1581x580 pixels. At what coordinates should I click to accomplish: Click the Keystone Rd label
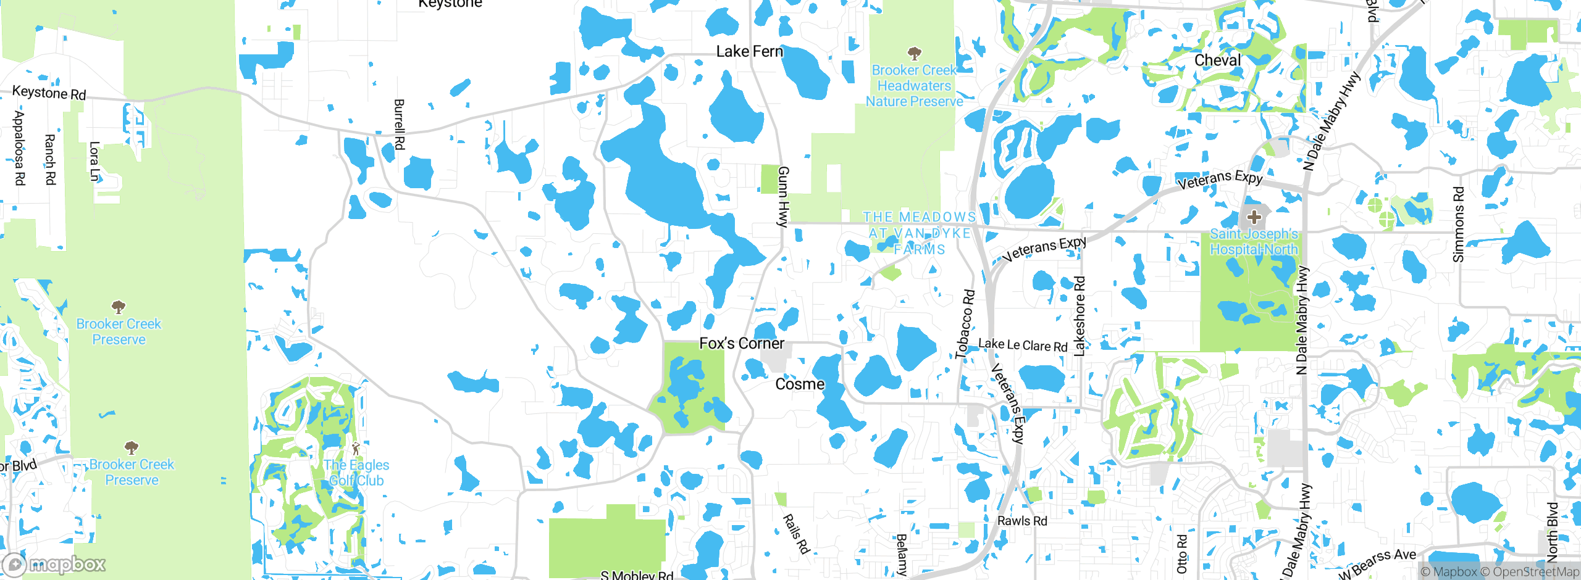coord(49,93)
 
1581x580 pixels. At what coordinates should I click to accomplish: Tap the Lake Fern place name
coord(749,52)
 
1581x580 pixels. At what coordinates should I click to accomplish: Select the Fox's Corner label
coord(742,343)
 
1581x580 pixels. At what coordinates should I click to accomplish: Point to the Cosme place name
coord(800,384)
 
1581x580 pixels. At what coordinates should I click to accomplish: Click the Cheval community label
coord(1217,60)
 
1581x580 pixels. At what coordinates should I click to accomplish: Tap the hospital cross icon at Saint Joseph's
coord(1254,217)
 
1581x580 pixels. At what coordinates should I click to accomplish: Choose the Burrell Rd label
coord(399,124)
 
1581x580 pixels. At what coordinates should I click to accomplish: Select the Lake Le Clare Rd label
coord(1023,345)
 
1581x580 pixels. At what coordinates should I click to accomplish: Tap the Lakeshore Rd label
coord(1080,316)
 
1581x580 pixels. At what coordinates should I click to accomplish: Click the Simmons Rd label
coord(1459,225)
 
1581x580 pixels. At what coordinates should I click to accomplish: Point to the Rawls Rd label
coord(1022,521)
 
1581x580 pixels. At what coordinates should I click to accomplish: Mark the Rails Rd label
coord(796,534)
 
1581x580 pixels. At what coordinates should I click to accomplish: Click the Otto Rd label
coord(1181,553)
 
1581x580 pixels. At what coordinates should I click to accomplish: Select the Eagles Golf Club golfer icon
coord(355,449)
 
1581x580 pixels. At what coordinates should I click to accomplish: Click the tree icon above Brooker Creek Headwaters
coord(914,53)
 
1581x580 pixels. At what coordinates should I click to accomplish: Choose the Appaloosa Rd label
coord(19,148)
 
